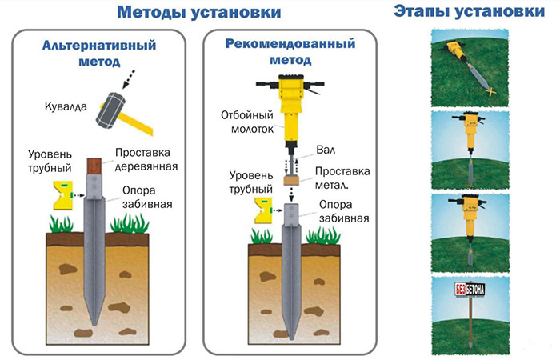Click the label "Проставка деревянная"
(145, 159)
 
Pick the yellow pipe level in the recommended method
(263, 211)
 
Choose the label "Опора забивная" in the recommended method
(342, 210)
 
